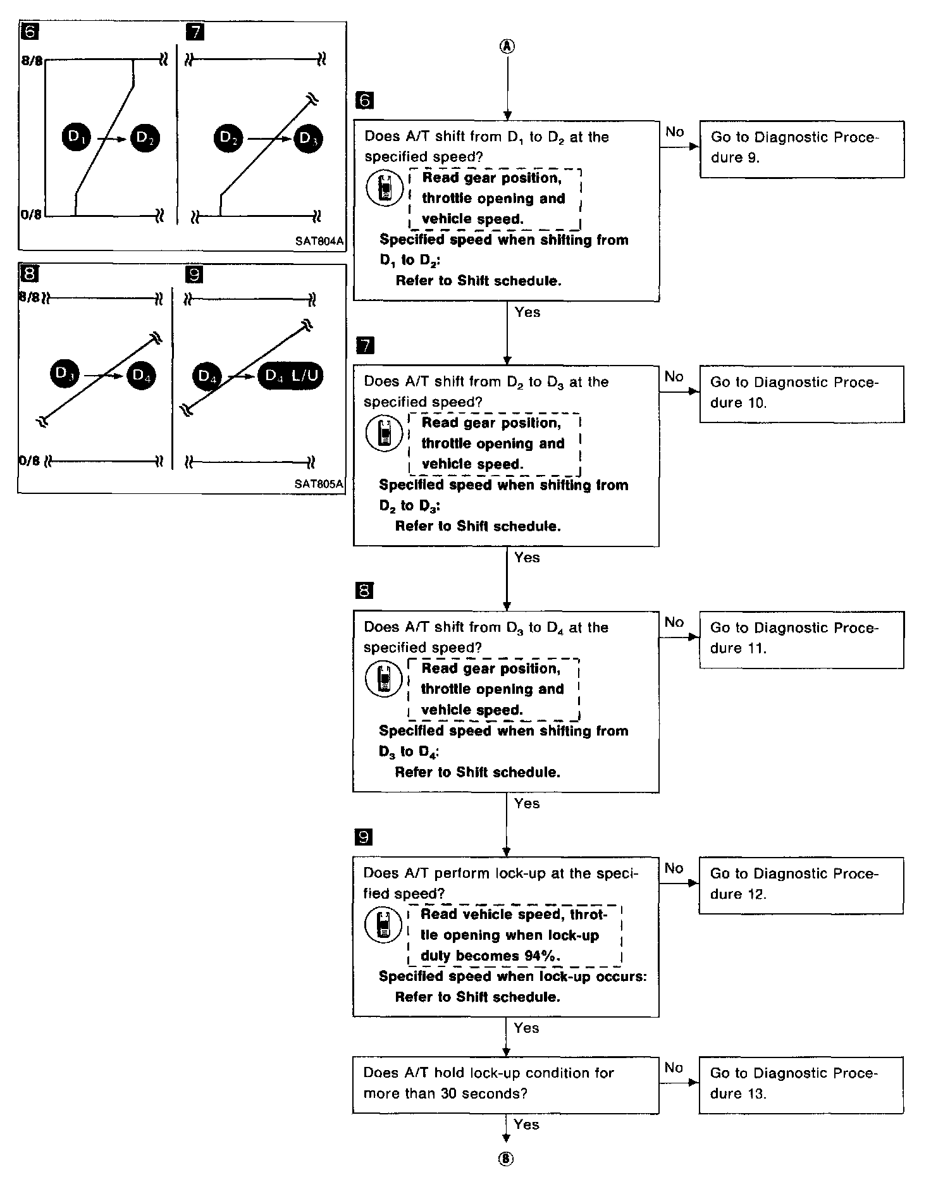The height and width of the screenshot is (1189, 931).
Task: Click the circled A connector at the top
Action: pos(507,46)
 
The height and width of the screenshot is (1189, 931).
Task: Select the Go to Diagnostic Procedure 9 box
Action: pos(801,149)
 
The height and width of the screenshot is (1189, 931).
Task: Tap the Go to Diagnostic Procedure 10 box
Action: pos(801,393)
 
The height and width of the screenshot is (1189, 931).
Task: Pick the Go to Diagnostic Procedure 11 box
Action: pos(801,639)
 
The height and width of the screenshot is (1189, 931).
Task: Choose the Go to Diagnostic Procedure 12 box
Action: pos(801,885)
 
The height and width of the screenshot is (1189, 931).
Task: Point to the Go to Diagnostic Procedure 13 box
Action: pos(801,1084)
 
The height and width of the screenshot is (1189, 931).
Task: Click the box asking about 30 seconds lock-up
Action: pos(505,1084)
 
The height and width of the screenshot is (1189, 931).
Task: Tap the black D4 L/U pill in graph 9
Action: pos(290,376)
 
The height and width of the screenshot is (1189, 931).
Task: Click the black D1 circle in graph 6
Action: pos(77,137)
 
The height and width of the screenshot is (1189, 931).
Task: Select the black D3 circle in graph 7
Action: pos(308,138)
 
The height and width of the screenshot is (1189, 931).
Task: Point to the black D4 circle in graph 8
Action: pos(140,376)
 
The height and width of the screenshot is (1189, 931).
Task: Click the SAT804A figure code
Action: pos(319,242)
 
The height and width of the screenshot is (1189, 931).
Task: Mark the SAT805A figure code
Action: pos(319,484)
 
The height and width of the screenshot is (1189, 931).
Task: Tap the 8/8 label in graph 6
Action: pos(31,61)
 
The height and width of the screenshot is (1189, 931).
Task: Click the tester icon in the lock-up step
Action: pos(383,925)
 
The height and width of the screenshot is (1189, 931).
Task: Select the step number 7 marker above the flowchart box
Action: pos(365,345)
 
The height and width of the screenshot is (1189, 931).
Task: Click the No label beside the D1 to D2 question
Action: pos(675,132)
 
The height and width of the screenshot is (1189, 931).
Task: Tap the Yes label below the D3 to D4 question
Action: pos(527,803)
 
